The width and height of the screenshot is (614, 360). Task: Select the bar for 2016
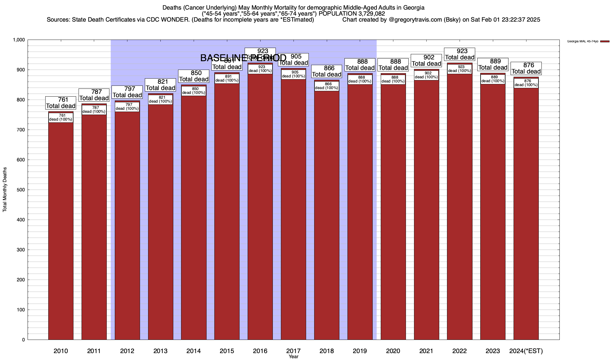coord(260,207)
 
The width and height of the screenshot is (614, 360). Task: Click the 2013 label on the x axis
coord(160,351)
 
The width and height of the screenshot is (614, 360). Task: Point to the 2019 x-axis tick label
coord(360,351)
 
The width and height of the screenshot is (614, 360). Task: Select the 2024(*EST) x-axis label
coord(526,351)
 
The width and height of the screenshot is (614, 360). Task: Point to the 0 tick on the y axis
coord(23,340)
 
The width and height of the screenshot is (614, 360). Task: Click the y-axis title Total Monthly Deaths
coord(5,190)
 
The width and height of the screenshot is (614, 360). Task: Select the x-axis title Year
coord(294,357)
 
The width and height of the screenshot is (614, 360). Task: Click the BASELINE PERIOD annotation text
coord(243,58)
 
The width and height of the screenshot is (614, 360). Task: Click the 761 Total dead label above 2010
coord(61,103)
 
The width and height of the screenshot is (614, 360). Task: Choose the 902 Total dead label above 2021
coord(426,61)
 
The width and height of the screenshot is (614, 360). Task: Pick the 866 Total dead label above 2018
coord(327,71)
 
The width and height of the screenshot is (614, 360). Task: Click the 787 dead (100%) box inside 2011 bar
coord(94,110)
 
